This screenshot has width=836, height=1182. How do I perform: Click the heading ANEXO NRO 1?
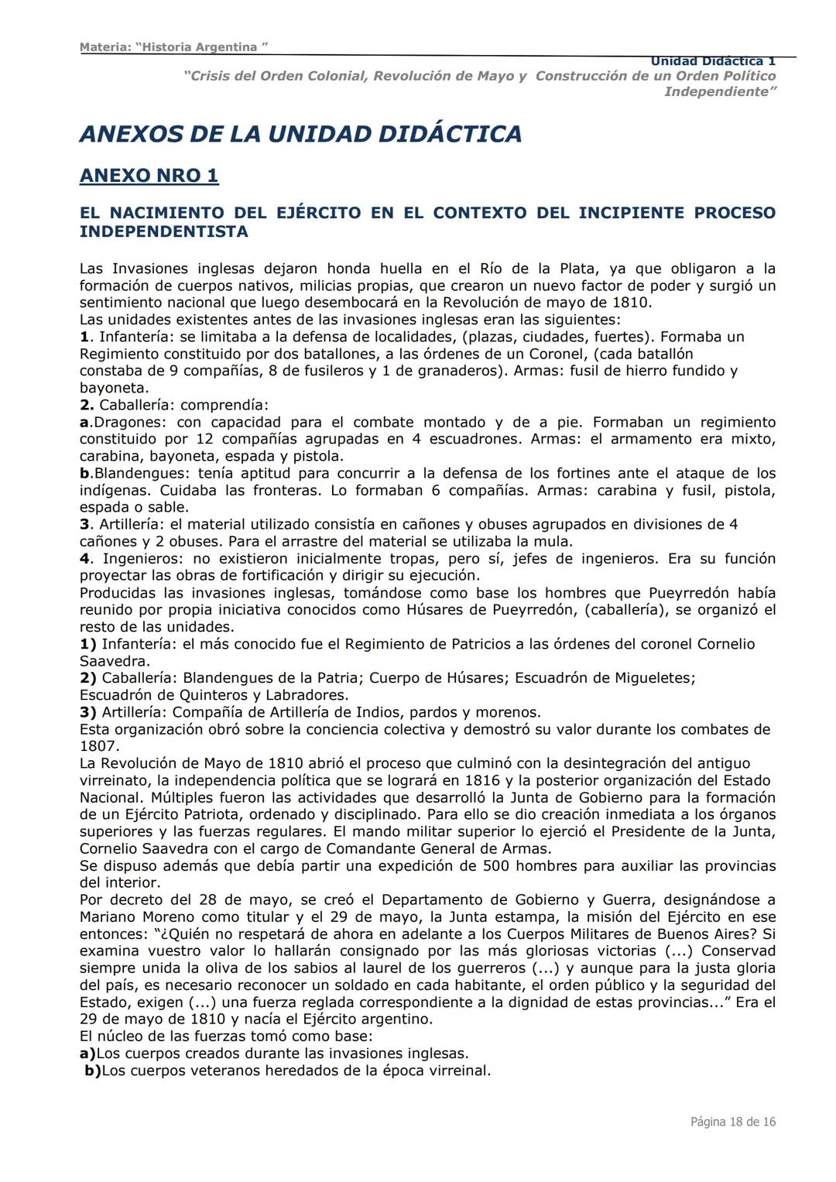pos(149,176)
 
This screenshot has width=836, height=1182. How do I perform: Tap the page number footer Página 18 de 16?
pos(732,1122)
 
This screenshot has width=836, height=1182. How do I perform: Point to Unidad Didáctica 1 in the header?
pos(712,61)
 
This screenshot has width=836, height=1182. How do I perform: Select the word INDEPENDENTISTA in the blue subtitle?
pos(163,231)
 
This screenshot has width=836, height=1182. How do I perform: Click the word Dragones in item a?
pos(127,423)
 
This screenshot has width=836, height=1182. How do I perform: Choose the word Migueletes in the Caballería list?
pos(654,678)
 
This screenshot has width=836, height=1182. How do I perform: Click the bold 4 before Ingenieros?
pos(84,559)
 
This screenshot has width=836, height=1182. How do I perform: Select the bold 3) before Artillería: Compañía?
pos(88,712)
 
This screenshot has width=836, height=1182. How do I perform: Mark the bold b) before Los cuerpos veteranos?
pos(92,1071)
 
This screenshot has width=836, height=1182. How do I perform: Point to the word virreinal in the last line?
pos(456,1071)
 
